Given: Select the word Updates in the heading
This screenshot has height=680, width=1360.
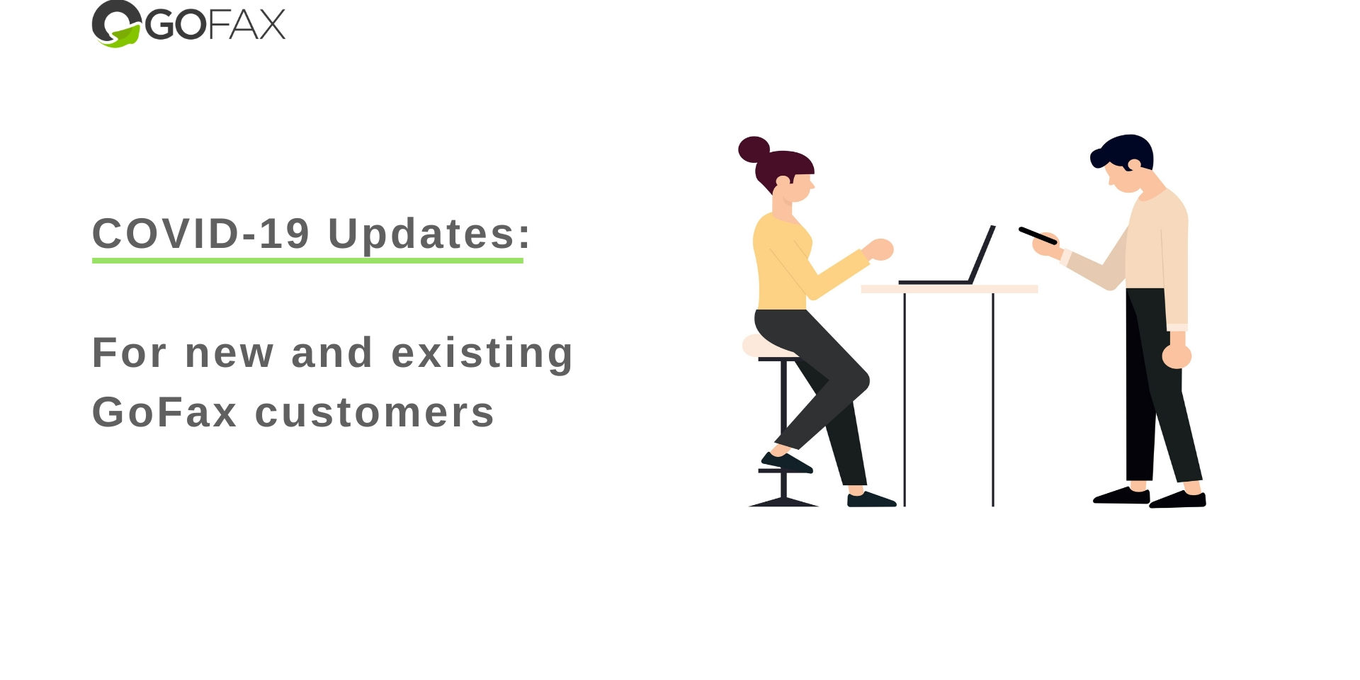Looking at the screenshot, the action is [422, 233].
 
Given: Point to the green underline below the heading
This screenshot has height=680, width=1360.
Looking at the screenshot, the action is [307, 261].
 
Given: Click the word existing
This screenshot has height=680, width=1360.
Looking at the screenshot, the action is [482, 353].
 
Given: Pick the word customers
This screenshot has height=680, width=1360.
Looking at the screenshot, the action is [375, 412].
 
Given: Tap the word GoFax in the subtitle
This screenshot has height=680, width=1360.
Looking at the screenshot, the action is [164, 412].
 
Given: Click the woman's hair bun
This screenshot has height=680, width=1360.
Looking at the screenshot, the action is [754, 149].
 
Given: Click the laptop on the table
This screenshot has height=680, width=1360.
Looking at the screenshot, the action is [947, 255].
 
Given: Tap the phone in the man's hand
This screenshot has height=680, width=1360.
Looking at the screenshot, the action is [1038, 236].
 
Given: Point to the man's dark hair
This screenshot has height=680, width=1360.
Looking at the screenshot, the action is [1123, 151].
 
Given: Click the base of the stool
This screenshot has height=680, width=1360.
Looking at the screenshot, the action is [783, 502].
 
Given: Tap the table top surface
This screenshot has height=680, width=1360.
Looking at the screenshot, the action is [949, 289].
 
